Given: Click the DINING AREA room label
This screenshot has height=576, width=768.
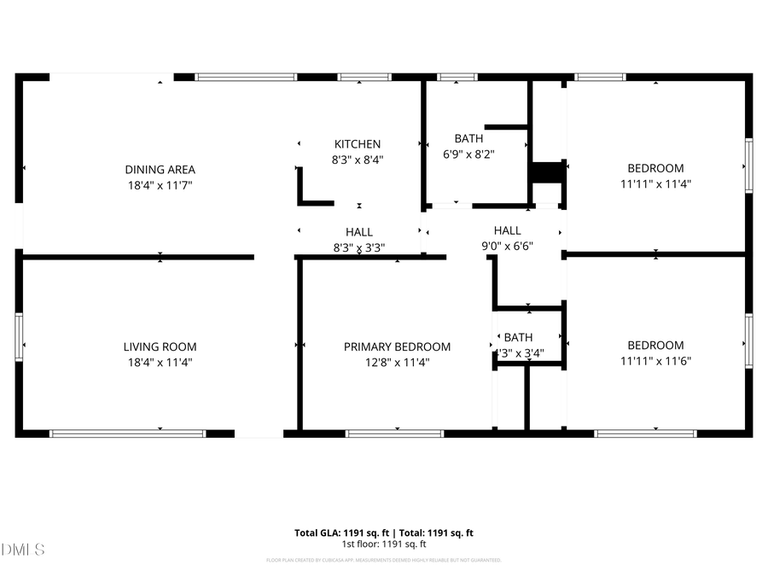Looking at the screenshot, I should (x=160, y=170).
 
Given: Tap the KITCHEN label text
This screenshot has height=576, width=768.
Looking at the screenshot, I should (x=357, y=144).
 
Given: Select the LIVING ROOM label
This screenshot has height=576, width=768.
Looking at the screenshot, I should (x=160, y=346).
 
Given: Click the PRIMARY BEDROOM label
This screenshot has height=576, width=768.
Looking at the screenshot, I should (x=397, y=346).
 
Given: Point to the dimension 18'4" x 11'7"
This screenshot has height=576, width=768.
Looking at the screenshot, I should (x=160, y=184).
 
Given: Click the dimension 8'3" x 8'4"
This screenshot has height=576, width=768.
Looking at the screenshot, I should (x=357, y=159).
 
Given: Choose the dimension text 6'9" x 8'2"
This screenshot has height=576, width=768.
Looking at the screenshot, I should (x=468, y=154).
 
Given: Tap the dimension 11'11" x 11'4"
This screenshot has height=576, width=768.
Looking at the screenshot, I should (x=655, y=183).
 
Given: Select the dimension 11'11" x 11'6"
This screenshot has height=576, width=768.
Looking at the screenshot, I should (x=655, y=361).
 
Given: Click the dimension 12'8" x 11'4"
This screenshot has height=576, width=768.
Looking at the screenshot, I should (x=397, y=362).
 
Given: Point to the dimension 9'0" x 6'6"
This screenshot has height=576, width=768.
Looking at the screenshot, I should (x=507, y=246).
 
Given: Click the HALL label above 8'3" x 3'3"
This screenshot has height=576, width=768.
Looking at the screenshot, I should (x=358, y=232).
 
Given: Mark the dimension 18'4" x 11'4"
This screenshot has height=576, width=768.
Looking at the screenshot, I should (x=160, y=362).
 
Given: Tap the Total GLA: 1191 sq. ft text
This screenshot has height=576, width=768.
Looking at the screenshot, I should (x=336, y=533).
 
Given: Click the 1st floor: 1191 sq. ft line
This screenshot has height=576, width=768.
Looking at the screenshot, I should (x=384, y=544).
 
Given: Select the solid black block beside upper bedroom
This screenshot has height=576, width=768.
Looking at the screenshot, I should (x=547, y=172).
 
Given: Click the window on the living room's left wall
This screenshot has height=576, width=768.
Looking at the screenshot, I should (x=19, y=336).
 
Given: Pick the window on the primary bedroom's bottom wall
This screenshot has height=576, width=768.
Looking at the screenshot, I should (x=394, y=433).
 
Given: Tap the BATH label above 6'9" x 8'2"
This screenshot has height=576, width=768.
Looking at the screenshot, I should (x=468, y=138).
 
